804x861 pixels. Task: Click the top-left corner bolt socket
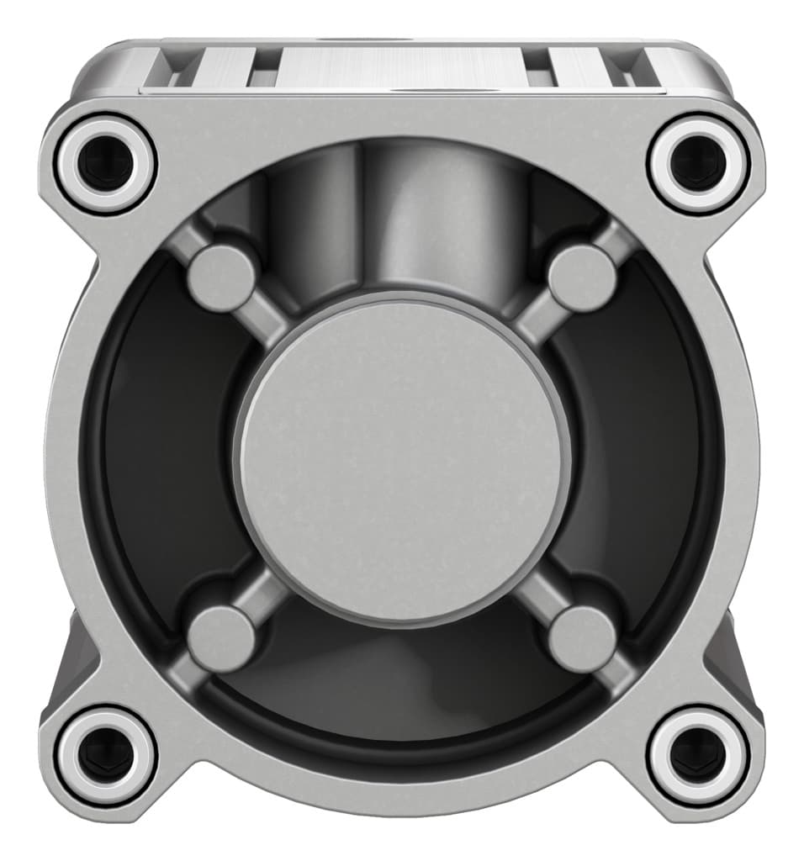pos(106,161)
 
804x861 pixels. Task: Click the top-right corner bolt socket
pos(698,161)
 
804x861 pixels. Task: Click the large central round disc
pos(402,458)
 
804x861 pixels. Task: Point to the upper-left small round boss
pos(220,278)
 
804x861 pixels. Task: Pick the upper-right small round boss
pos(582,278)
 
